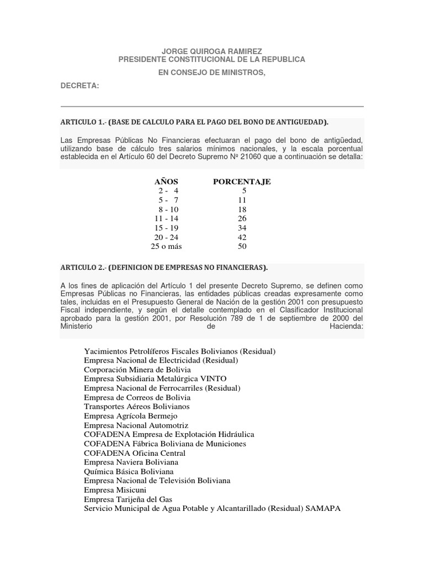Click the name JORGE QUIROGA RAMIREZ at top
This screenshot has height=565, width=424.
pyautogui.click(x=211, y=51)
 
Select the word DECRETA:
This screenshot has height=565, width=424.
pyautogui.click(x=79, y=86)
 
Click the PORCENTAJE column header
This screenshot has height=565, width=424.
pyautogui.click(x=242, y=182)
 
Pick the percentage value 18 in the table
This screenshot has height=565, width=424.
pyautogui.click(x=242, y=210)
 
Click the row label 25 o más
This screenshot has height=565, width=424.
pyautogui.click(x=166, y=246)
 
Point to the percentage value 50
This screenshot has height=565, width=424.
pyautogui.click(x=242, y=246)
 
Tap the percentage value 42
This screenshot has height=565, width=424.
pyautogui.click(x=242, y=237)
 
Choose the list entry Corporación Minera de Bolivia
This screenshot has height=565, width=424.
pyautogui.click(x=137, y=369)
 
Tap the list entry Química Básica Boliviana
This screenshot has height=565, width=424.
pyautogui.click(x=129, y=471)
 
